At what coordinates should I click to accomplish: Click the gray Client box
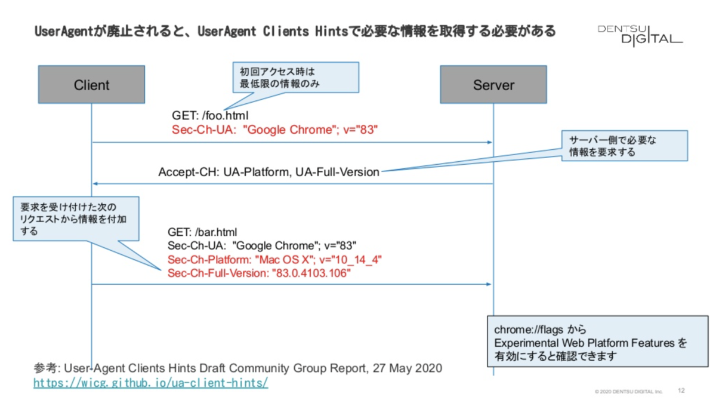[91, 85]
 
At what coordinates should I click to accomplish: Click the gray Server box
[493, 85]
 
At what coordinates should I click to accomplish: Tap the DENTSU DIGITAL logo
[640, 34]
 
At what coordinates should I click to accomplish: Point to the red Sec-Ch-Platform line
[274, 260]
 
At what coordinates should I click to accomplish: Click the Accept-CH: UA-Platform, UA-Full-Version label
[268, 172]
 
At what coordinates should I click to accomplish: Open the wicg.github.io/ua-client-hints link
[150, 382]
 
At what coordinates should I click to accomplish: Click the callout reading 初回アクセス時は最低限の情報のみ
[295, 76]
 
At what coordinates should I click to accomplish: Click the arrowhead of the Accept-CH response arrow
[94, 183]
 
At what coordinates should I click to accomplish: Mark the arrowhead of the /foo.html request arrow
[490, 143]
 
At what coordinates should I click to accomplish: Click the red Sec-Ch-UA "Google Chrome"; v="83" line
[275, 130]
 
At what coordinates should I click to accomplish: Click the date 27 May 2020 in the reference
[406, 368]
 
